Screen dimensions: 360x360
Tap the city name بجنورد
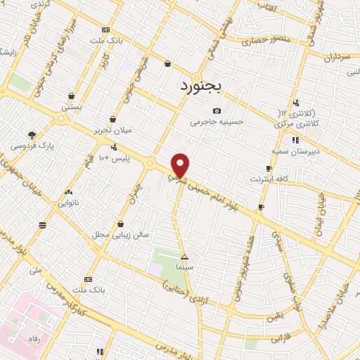coord(197,86)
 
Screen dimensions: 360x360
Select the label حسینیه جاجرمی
coord(217,121)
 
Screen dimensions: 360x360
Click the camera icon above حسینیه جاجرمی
coord(217,110)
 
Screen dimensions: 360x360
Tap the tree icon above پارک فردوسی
coord(32,135)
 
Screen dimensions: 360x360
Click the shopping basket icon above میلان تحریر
coord(112,119)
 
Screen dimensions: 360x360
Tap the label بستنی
coord(72,107)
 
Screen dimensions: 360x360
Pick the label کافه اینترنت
coord(269,179)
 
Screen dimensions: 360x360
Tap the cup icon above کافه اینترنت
coord(269,168)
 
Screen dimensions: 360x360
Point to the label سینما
coord(185,267)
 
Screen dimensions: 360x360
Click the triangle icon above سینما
coord(185,257)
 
